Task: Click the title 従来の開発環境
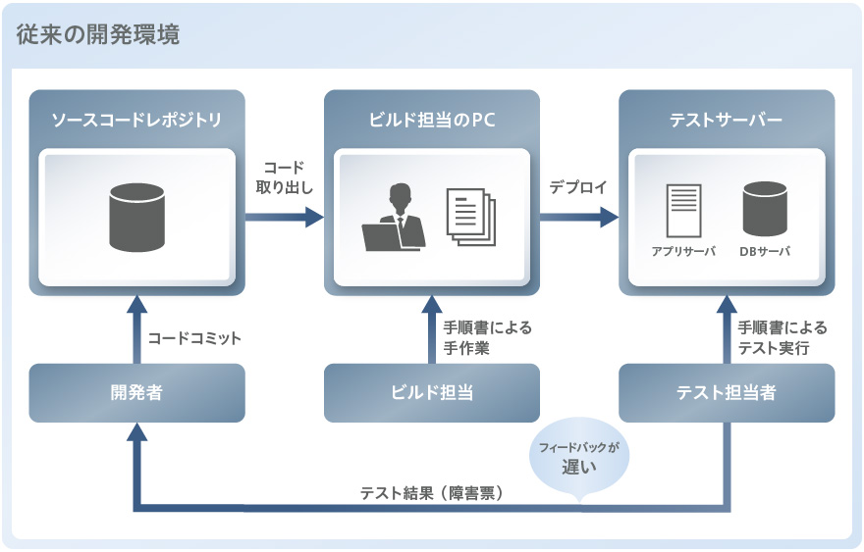point(98,35)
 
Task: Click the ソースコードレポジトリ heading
point(136,121)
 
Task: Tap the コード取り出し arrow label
point(284,176)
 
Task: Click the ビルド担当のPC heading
point(431,121)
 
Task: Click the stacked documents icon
point(471,217)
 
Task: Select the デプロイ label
point(578,187)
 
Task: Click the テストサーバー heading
point(726,121)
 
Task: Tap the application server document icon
point(686,209)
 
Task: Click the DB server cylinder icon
point(765,207)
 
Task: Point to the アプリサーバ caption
point(686,251)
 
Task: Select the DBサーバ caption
point(765,251)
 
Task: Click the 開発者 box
point(136,393)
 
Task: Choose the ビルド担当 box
point(431,393)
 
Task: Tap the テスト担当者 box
point(726,393)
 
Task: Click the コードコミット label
point(194,338)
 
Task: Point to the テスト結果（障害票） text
point(432,493)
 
